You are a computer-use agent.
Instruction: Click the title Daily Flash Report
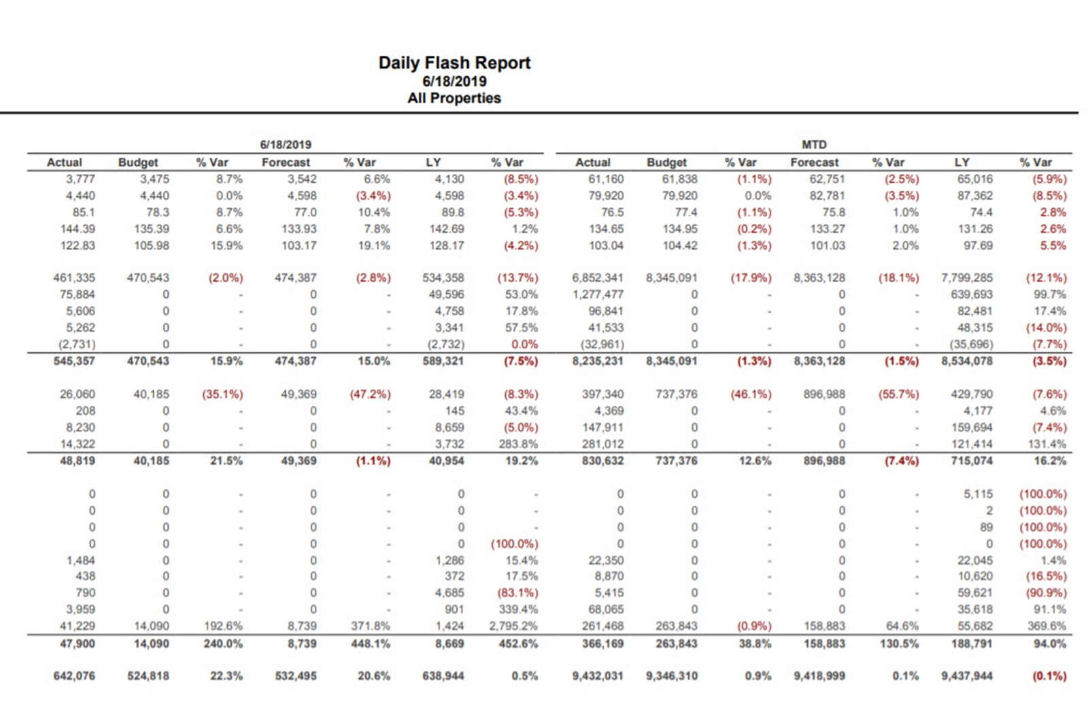[454, 63]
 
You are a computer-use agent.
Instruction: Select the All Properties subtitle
[454, 98]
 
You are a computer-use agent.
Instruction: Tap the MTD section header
[813, 144]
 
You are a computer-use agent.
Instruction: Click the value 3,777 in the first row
[80, 179]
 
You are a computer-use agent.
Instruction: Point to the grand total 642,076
[74, 676]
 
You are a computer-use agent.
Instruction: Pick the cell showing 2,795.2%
[513, 626]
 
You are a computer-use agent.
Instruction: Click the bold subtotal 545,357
[74, 360]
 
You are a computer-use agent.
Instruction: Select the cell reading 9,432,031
[597, 676]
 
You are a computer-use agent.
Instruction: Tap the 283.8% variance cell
[517, 444]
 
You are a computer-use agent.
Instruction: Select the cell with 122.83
[78, 246]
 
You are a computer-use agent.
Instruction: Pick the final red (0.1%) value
[1049, 676]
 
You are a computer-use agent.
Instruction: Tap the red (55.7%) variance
[898, 394]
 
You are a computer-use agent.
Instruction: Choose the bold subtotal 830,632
[602, 460]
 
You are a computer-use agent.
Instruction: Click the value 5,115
[978, 494]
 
